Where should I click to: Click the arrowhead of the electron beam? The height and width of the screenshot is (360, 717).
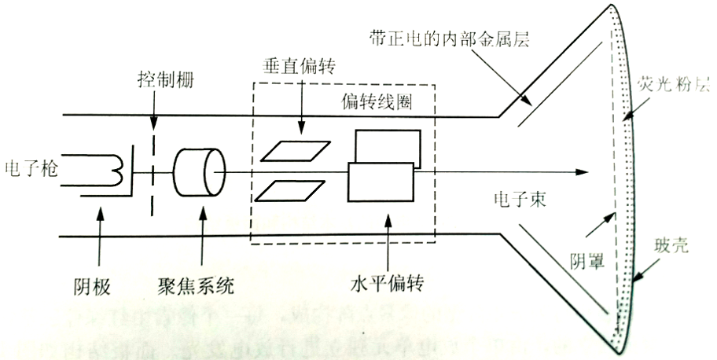[583, 171]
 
